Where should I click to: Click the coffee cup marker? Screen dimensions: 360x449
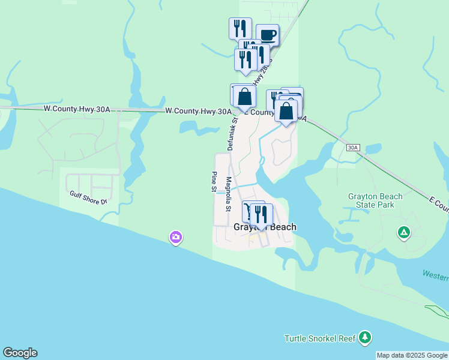point(267,35)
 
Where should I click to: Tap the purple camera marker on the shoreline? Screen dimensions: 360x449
point(175,238)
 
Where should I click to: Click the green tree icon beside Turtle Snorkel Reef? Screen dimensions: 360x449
point(365,338)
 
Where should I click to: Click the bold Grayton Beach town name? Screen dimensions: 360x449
point(265,227)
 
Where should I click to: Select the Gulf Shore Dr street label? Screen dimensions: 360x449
point(88,197)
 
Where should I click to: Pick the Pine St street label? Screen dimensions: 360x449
point(213,182)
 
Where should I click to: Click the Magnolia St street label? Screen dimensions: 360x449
point(228,194)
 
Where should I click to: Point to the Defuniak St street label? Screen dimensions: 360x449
point(232,133)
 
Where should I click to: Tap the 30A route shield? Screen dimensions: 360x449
point(354,147)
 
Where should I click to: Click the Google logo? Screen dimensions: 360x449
point(20,353)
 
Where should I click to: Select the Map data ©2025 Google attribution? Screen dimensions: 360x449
point(412,355)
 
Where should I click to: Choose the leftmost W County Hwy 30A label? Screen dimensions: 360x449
point(77,109)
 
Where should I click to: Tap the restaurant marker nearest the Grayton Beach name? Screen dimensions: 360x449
point(261,214)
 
